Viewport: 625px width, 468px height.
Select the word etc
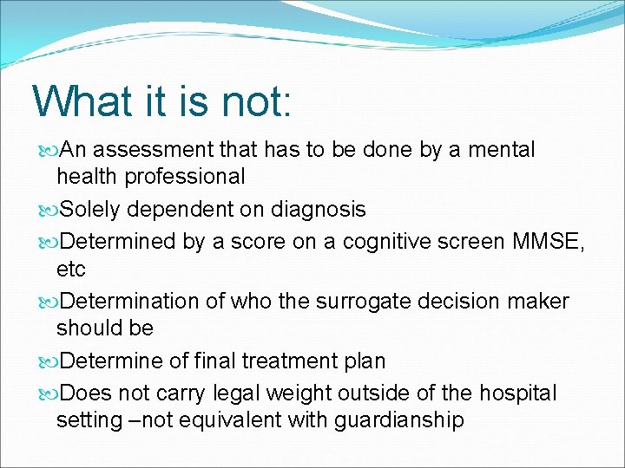click(x=71, y=270)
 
